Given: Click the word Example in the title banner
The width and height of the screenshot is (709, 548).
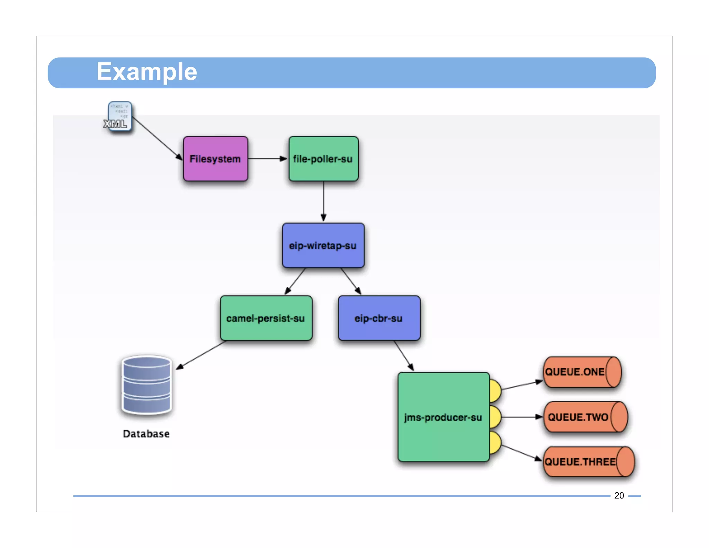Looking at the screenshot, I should tap(147, 72).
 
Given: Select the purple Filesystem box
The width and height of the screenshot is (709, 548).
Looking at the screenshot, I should tap(215, 159).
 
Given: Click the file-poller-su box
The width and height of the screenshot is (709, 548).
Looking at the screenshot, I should tap(323, 159).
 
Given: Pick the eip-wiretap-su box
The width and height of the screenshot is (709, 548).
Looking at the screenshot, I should tap(323, 246).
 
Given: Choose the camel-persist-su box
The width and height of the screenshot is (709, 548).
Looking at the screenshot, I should tap(266, 318).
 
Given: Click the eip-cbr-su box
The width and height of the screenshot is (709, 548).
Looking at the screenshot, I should tap(379, 318).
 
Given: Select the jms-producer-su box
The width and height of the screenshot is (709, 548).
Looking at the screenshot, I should tap(443, 417).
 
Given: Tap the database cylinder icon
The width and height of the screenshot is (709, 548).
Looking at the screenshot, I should tap(147, 385).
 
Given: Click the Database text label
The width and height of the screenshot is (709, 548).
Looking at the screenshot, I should tap(146, 434).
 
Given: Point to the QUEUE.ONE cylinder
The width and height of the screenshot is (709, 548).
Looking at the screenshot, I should tap(582, 372).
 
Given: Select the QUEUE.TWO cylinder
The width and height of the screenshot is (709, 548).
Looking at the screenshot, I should tap(585, 417).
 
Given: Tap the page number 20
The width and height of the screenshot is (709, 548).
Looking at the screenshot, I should tap(619, 496).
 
